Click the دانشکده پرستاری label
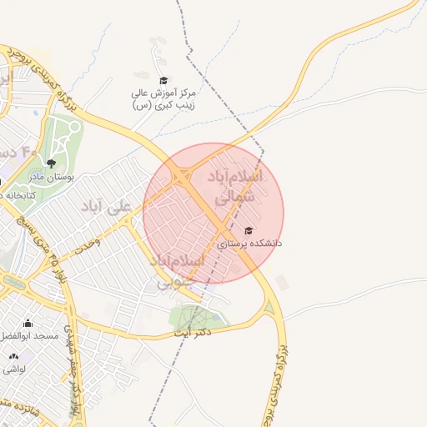pyautogui.click(x=249, y=244)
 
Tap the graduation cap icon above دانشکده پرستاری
pyautogui.click(x=248, y=230)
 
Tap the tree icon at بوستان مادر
pyautogui.click(x=52, y=163)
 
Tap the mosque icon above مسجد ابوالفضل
pyautogui.click(x=28, y=323)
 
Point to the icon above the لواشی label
pyautogui.click(x=13, y=356)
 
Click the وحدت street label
pyautogui.click(x=86, y=244)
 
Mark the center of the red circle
pyautogui.click(x=213, y=213)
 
